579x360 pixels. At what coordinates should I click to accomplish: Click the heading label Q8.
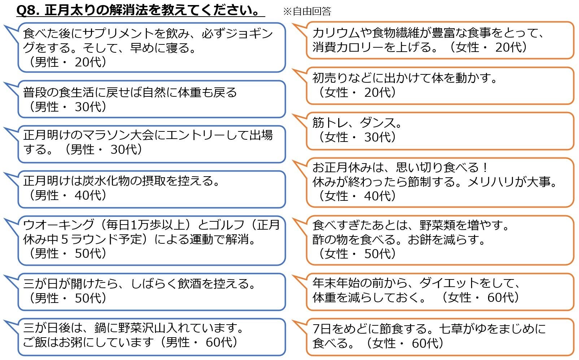(x=28, y=10)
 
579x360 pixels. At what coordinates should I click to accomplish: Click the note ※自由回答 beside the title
(x=307, y=11)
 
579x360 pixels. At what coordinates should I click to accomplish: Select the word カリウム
(x=335, y=33)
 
